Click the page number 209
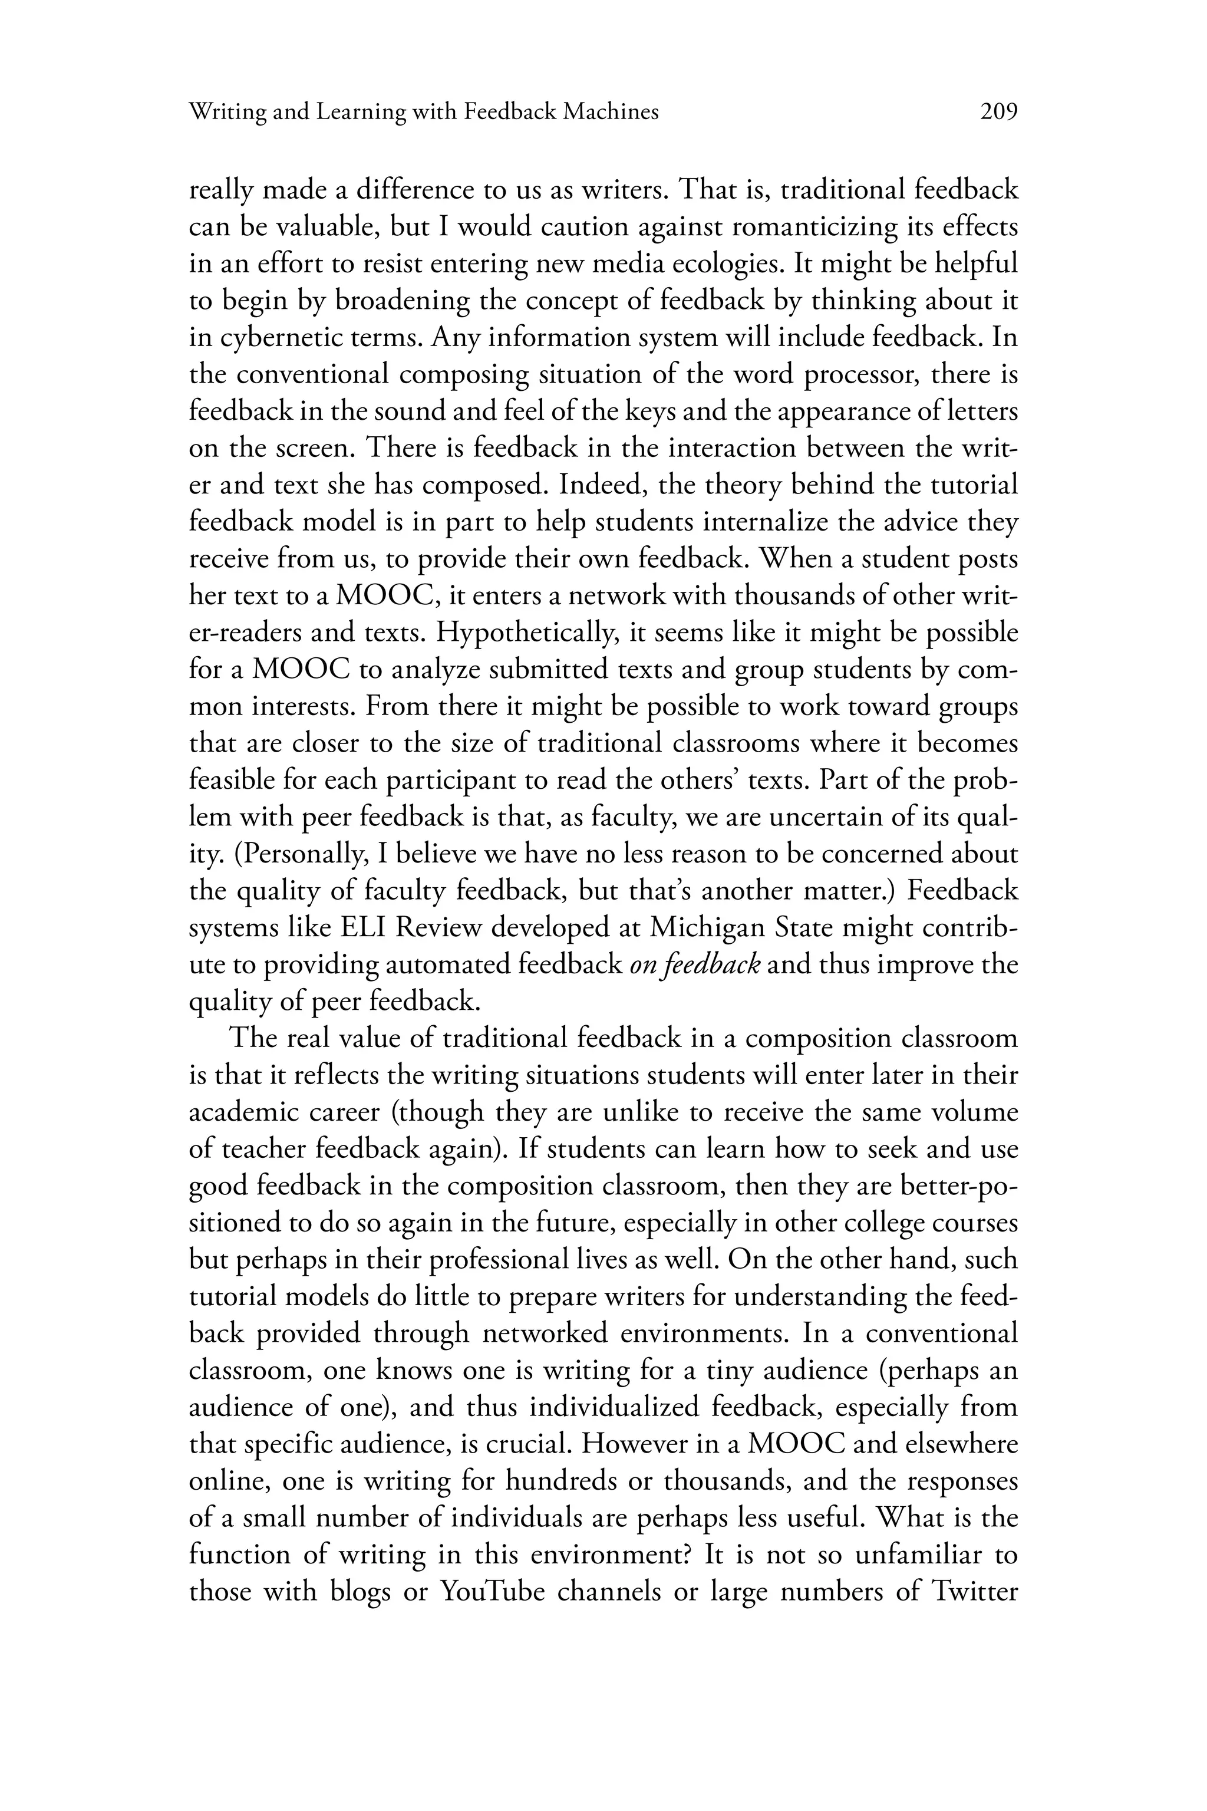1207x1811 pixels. pyautogui.click(x=998, y=113)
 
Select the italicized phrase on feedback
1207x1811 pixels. pyautogui.click(x=695, y=965)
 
